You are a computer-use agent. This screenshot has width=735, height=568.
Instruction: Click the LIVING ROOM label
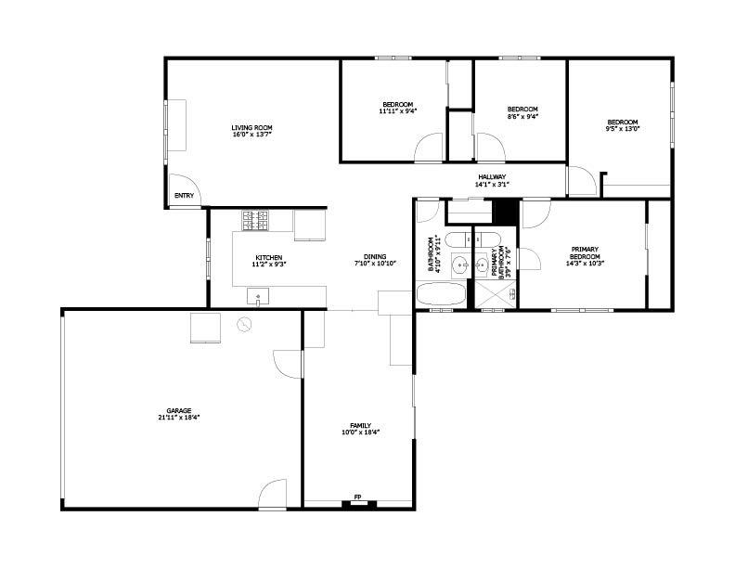251,127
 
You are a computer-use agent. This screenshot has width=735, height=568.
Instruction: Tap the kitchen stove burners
255,220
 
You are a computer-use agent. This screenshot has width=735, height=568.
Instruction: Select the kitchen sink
258,296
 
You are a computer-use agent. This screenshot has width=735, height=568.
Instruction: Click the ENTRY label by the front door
184,196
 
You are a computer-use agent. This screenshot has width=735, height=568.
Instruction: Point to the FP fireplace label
357,497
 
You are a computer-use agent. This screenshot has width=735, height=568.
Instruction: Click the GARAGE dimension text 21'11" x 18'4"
179,417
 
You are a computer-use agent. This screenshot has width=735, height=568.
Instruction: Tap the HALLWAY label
492,177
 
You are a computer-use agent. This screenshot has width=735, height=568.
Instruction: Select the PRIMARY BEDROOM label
585,253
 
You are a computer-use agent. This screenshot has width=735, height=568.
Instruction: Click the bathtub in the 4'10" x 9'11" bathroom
441,294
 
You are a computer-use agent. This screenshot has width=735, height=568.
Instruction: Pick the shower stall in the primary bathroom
496,294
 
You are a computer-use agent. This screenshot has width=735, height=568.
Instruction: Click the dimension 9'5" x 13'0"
623,129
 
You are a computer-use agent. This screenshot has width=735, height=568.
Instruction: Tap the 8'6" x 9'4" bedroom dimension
522,116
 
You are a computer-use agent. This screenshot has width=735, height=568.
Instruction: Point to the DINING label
375,256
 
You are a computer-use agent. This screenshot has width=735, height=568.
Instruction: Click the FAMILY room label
360,425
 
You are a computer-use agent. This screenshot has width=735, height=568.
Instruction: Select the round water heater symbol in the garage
244,325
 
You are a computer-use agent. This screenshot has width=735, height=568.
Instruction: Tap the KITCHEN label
268,258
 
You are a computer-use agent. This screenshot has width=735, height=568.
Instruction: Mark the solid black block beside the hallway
506,213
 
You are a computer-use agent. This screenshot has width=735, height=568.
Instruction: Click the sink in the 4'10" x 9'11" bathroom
460,265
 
